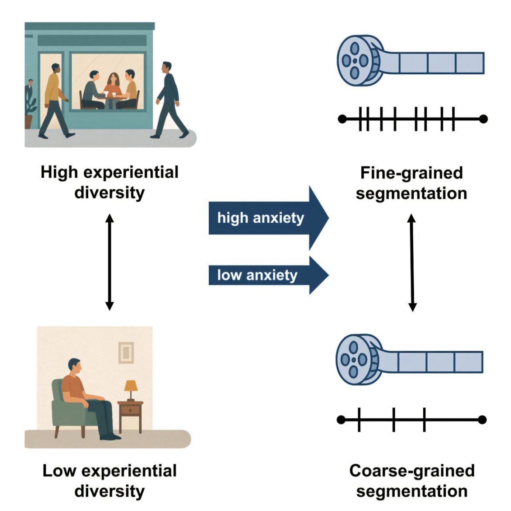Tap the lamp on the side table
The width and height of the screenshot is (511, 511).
coord(131,388)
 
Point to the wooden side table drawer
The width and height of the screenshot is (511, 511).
coord(130,410)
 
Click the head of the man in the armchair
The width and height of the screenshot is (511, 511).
coord(75,366)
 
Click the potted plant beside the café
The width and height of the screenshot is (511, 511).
coord(30,107)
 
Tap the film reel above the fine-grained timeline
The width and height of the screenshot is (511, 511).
coord(356,60)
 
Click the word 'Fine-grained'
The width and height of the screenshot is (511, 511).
coord(411,173)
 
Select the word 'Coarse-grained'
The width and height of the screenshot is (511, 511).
coord(411,471)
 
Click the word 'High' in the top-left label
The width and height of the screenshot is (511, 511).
coord(59,172)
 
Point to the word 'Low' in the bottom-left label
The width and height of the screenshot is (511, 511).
coord(59,471)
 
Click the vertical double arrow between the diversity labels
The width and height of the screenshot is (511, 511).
coord(110,262)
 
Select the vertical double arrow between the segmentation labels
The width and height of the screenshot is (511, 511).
coord(411,262)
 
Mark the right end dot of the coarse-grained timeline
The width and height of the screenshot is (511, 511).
coord(482,420)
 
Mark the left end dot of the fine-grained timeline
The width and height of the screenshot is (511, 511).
coord(343,119)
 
